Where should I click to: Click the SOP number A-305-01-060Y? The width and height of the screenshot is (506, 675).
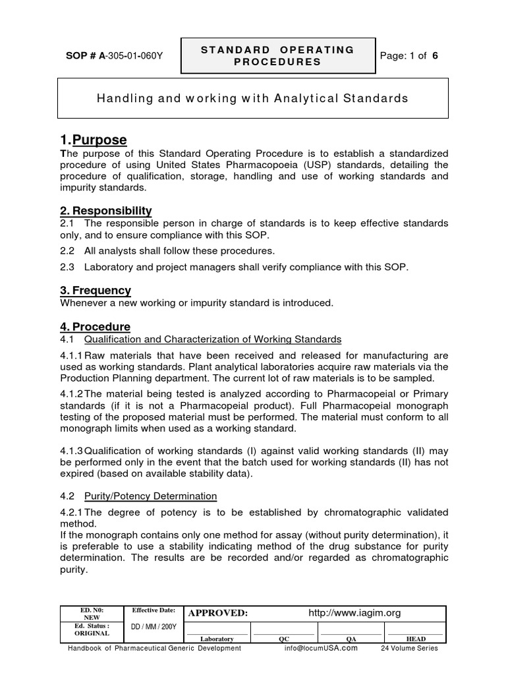[x=111, y=56]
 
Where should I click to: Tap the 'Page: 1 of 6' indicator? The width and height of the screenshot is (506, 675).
[x=409, y=56]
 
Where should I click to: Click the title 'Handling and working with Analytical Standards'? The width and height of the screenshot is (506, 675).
[x=253, y=99]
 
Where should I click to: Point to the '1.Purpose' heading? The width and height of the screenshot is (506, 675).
[x=94, y=140]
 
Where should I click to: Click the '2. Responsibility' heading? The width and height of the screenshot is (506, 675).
[x=106, y=211]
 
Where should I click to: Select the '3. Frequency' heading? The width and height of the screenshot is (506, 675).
[x=96, y=290]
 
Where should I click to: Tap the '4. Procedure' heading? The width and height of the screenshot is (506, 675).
[x=96, y=327]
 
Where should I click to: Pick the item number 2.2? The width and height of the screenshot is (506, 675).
[x=67, y=250]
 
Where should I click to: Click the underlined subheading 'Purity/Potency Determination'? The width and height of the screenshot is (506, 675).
[x=151, y=496]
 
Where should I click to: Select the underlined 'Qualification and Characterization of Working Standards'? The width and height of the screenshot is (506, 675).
[x=213, y=339]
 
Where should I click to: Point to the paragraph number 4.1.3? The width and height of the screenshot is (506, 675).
[x=72, y=451]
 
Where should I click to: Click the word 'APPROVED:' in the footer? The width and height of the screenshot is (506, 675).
[x=218, y=613]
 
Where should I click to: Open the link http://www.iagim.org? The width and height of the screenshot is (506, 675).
[x=354, y=613]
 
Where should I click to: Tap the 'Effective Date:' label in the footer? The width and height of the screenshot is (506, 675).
[x=154, y=611]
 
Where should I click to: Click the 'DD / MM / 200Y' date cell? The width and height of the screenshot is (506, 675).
[x=154, y=626]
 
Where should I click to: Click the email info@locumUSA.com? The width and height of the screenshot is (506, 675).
[x=321, y=648]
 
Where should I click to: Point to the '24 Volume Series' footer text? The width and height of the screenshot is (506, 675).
[x=409, y=648]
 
